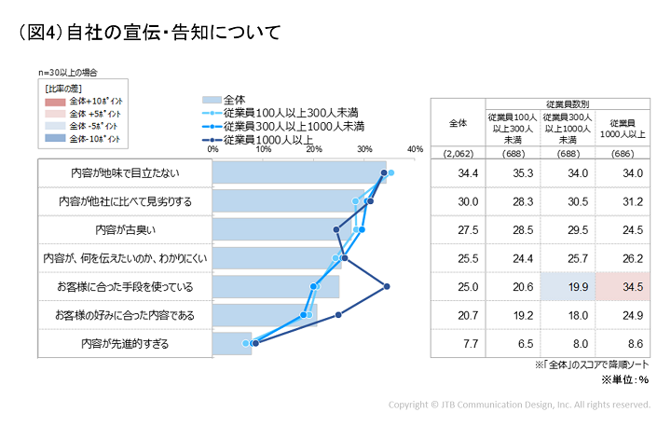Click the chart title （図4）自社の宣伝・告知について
[149, 34]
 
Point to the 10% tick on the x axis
[264, 149]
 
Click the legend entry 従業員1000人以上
[281, 140]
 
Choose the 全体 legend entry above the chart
[234, 100]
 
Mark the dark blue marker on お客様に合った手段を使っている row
[387, 286]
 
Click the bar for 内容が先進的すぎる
[232, 344]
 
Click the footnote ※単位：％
[624, 379]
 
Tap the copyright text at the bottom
[519, 405]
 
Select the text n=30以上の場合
[68, 72]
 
